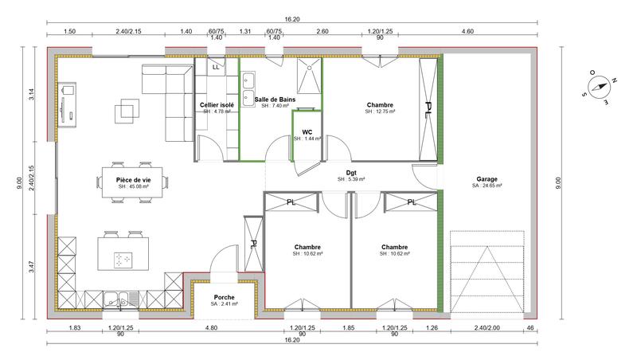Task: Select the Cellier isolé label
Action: (217, 105)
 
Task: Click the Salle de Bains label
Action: (270, 99)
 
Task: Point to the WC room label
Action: (307, 132)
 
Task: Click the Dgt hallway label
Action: (350, 173)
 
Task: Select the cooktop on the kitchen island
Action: (123, 260)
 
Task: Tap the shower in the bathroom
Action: (307, 76)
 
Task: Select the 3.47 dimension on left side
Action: (31, 267)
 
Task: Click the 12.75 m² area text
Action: (381, 112)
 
